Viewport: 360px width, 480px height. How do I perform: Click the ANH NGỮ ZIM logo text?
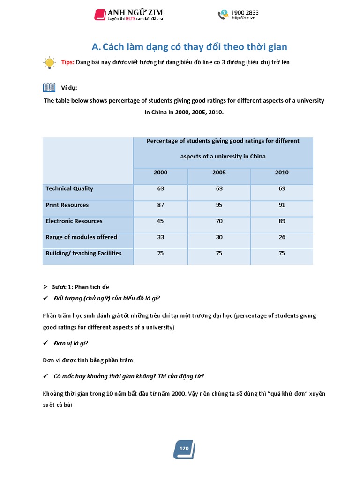136,12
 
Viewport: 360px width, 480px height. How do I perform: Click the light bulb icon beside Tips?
49,63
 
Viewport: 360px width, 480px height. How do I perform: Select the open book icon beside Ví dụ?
49,88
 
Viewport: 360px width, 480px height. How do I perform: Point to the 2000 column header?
160,172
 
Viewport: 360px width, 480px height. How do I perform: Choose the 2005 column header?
219,172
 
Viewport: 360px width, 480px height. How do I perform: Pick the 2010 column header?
282,172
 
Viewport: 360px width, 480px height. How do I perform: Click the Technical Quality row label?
69,188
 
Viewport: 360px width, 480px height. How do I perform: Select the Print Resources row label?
67,205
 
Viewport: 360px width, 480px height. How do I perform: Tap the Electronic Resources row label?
74,221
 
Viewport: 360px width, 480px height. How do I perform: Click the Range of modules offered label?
81,237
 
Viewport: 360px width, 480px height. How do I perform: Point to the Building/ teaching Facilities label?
83,253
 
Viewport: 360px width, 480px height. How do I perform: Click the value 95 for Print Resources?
219,205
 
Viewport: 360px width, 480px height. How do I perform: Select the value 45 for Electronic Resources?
160,221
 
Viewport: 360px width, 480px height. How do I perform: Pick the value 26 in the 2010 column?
282,237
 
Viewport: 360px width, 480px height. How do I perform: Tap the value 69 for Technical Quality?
282,188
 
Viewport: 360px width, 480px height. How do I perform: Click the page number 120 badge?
184,449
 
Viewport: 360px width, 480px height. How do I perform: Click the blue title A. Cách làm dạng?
189,47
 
